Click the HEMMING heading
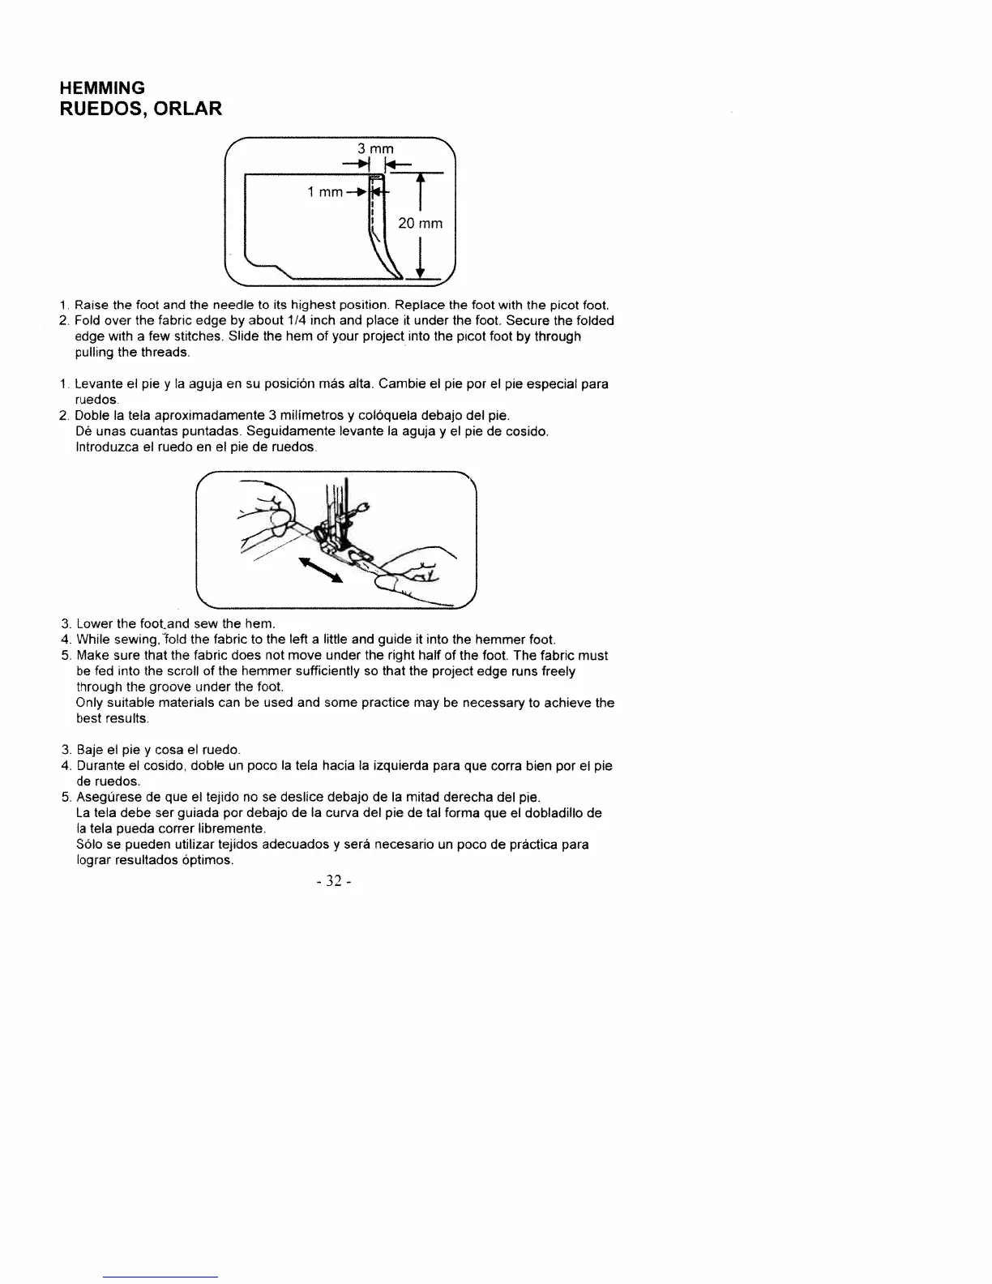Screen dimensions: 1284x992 [x=103, y=88]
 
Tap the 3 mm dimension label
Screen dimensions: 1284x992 [x=375, y=148]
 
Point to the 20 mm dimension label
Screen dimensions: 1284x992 [x=420, y=224]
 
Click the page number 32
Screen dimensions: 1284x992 [x=331, y=882]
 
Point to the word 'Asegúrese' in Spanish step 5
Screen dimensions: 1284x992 [x=106, y=798]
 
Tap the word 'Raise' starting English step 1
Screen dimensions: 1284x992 [x=92, y=306]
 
